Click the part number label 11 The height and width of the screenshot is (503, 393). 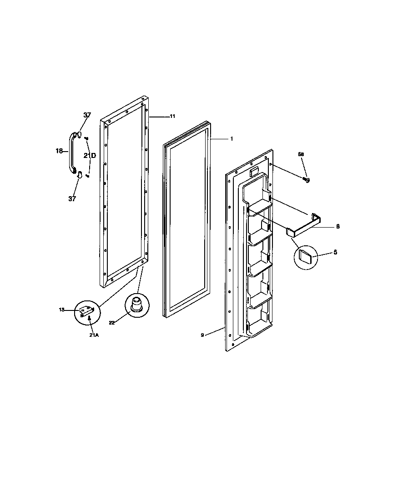click(172, 117)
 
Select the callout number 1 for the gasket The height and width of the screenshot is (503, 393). click(231, 138)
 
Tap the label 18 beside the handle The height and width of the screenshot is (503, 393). click(59, 151)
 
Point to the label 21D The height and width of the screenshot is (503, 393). click(90, 155)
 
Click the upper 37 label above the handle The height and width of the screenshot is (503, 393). click(87, 115)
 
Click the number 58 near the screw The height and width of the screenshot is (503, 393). click(301, 155)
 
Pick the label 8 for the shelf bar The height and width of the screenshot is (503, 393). click(338, 226)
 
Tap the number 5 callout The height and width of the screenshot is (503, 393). click(335, 252)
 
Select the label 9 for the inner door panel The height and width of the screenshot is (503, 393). click(202, 335)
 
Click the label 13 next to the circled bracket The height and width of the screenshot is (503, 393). click(61, 310)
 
